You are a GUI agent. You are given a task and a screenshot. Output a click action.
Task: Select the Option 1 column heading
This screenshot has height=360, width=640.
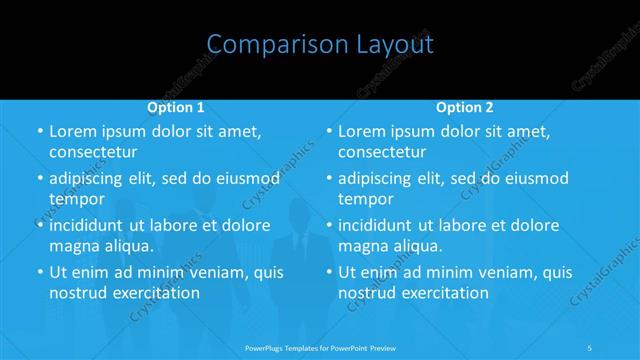[176, 107]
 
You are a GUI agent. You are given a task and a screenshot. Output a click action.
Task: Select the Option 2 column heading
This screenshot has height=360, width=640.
[465, 107]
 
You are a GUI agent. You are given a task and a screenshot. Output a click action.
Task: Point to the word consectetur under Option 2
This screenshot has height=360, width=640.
[383, 153]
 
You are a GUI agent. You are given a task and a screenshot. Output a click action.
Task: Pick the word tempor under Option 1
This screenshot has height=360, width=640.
[76, 199]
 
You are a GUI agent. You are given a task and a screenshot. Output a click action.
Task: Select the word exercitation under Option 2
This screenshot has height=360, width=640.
[441, 293]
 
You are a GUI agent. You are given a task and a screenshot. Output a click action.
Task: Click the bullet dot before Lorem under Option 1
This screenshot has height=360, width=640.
[39, 132]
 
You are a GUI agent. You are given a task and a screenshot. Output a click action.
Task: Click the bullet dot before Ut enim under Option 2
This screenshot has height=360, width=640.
[329, 272]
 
